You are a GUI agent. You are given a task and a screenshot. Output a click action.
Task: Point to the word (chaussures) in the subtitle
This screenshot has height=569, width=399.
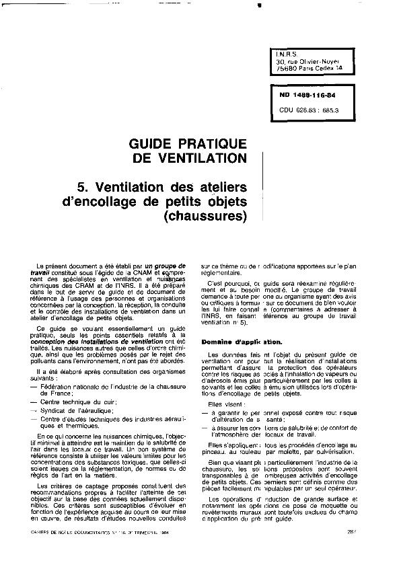pos(206,217)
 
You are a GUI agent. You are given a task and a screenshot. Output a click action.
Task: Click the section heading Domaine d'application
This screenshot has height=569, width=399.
pos(241,342)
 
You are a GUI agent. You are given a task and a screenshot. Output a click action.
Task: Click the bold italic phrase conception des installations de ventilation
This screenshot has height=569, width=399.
pos(102,341)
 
